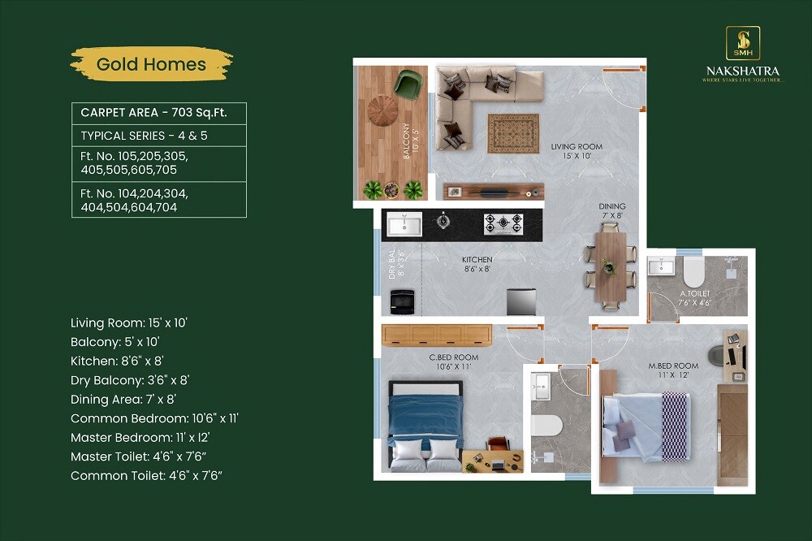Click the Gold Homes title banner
(151, 64)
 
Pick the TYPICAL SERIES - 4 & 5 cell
(144, 136)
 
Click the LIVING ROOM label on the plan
(577, 147)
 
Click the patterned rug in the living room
(513, 133)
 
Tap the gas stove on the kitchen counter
(503, 223)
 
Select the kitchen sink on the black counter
(404, 223)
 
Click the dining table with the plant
(608, 267)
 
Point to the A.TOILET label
(696, 294)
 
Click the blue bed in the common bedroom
(425, 423)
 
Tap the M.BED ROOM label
(673, 366)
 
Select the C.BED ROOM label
(454, 357)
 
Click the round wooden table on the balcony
(383, 109)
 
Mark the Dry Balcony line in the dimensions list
(130, 380)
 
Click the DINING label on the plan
(612, 207)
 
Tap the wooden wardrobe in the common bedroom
(437, 334)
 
